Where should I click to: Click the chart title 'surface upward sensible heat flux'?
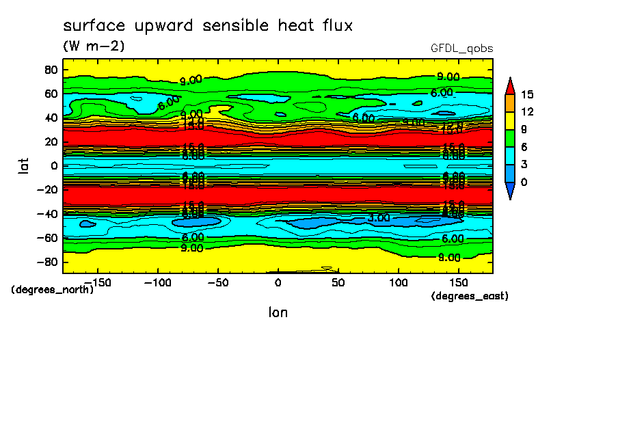[208, 26]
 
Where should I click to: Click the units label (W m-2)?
[94, 46]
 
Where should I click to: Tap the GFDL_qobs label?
[461, 49]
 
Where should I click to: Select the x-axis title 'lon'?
[278, 312]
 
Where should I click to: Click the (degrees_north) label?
[53, 289]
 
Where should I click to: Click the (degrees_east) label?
[470, 296]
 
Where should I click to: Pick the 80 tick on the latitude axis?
[50, 69]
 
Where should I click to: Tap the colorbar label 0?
[524, 182]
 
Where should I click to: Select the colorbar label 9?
[524, 129]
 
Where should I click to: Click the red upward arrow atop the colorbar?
[510, 85]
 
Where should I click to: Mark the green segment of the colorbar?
[510, 138]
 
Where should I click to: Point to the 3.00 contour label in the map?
[379, 217]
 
